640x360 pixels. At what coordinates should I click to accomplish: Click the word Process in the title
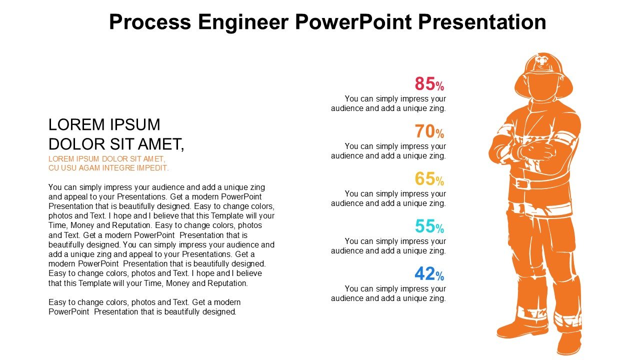point(150,22)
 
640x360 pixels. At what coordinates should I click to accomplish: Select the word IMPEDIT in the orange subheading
point(151,168)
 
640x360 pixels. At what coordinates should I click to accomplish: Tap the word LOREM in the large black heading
point(74,124)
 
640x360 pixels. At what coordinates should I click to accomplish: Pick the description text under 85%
point(388,103)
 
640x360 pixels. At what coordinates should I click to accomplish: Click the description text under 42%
point(388,293)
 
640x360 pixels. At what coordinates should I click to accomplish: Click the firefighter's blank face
point(541,90)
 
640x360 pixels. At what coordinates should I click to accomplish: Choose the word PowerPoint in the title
point(352,22)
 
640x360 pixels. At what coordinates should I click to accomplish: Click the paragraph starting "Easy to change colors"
point(144,307)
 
